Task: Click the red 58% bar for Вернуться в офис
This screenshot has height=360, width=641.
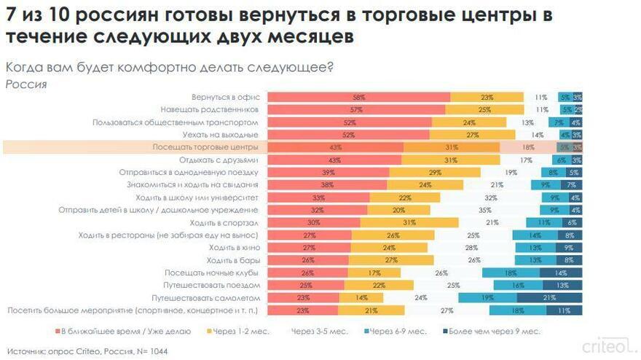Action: [x=358, y=97]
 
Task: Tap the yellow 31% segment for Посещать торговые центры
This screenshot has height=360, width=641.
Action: [x=452, y=147]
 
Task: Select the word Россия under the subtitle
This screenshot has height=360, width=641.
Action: [x=26, y=84]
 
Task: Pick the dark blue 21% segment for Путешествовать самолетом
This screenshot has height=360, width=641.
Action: [x=549, y=297]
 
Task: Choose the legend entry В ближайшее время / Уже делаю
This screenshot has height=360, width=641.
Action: [x=124, y=332]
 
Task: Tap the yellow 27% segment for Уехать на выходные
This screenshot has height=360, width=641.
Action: [x=471, y=135]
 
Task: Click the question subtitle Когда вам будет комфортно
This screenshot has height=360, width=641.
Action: [x=169, y=68]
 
